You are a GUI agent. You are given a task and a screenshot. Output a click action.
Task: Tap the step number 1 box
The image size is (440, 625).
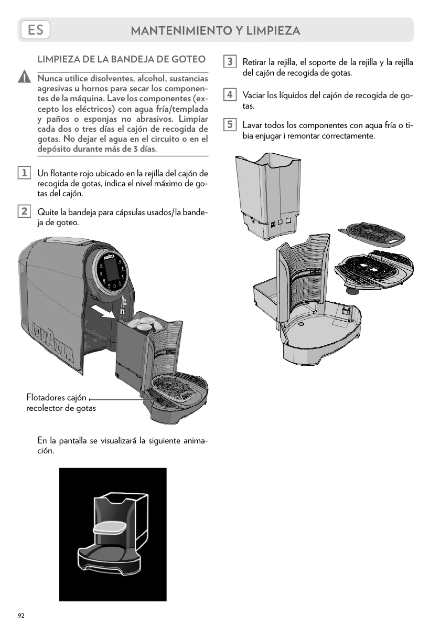(24, 173)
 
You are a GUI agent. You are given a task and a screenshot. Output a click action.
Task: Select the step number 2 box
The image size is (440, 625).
(24, 211)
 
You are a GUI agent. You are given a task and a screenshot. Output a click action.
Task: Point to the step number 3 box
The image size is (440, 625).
(229, 62)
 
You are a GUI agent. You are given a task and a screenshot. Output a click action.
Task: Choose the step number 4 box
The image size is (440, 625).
(229, 96)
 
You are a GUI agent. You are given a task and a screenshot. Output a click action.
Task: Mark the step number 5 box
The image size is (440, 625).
(229, 125)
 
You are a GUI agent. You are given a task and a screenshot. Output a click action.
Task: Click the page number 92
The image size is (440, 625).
(21, 615)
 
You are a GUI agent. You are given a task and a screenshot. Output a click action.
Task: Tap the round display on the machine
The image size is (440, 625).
(111, 271)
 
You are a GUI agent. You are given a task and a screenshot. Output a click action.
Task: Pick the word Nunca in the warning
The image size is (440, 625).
(50, 78)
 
